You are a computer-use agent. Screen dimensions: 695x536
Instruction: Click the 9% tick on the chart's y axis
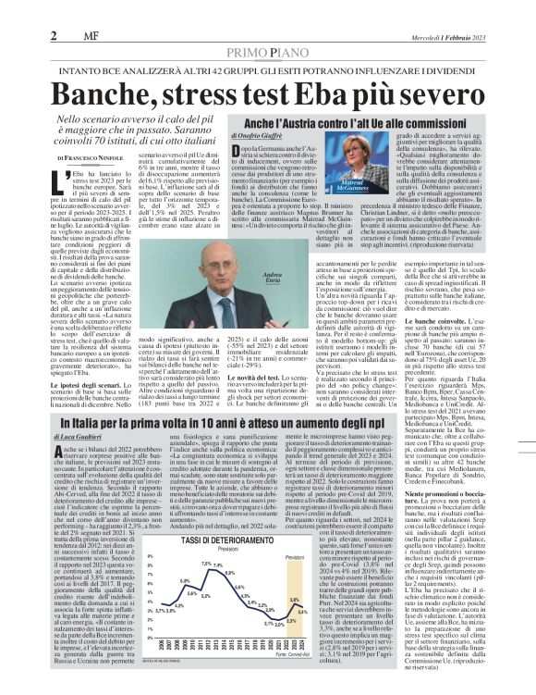pyautogui.click(x=151, y=557)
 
